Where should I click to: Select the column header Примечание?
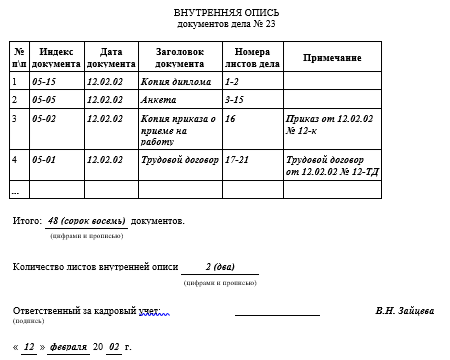(332, 58)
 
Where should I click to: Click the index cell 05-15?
(44, 82)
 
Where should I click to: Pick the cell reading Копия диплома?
(177, 82)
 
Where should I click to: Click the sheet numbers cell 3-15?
(235, 100)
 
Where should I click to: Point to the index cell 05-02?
(44, 119)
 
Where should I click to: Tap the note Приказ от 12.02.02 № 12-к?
(326, 124)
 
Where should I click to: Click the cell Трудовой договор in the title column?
(180, 159)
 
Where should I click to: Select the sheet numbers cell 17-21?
(240, 159)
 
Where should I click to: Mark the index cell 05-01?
(44, 159)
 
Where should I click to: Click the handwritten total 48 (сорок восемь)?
(86, 220)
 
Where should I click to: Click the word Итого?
(27, 220)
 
